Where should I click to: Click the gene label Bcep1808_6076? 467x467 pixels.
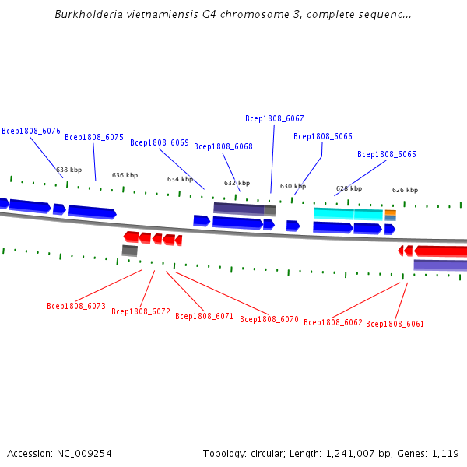pos(31,131)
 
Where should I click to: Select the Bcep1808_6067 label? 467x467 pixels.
pos(275,118)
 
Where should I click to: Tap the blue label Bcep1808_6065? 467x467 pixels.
pos(387,154)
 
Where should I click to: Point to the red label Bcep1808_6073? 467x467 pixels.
pos(76,306)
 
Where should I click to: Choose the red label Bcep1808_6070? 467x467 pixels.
pos(269,319)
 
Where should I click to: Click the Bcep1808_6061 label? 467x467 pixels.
pos(395,324)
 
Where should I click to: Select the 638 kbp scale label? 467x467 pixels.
pos(68,170)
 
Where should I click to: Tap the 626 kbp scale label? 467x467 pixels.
pos(405,190)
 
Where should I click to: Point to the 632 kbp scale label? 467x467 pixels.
pos(237,183)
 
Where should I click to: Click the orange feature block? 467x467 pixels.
pos(391,212)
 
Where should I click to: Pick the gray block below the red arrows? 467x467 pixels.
pos(130,251)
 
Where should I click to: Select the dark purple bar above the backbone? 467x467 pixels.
pos(239,208)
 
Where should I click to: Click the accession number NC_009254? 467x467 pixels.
pos(84,454)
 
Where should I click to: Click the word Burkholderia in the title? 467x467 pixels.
pos(89,14)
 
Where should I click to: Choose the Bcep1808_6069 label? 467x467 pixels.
pos(160,142)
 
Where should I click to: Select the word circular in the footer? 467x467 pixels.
pos(268,454)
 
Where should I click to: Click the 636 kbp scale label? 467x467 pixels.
pos(125,175)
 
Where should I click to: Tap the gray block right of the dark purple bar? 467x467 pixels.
pos(270,211)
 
